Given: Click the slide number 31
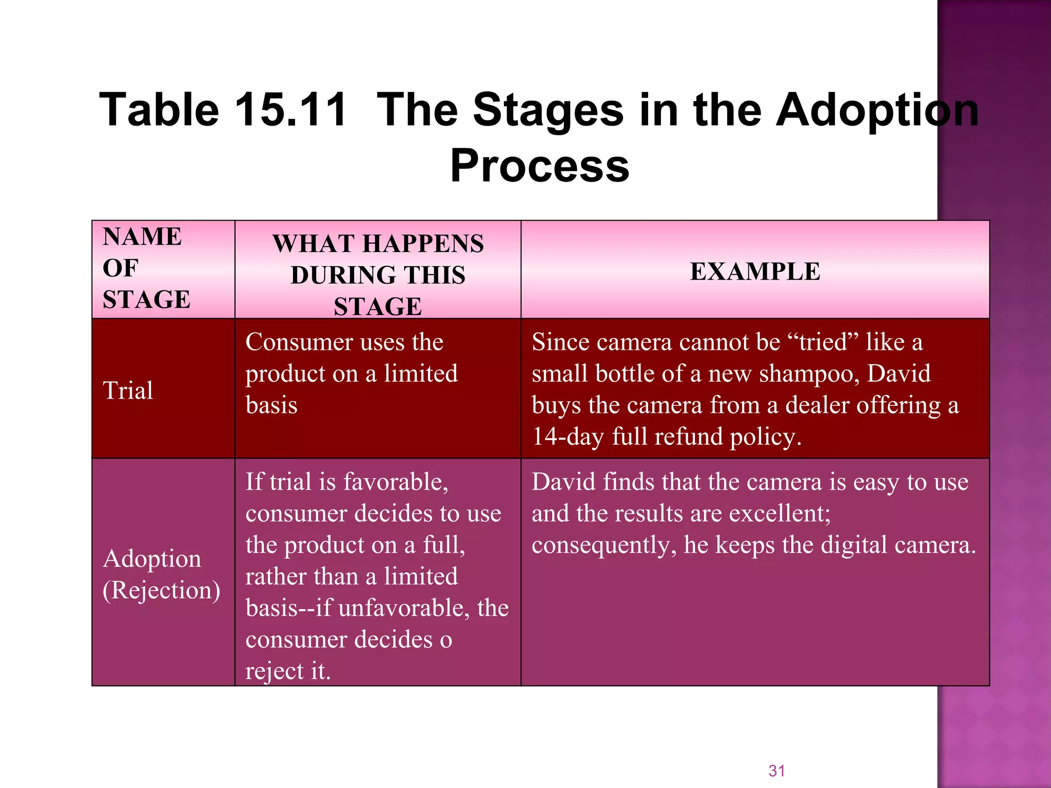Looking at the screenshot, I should (x=776, y=771).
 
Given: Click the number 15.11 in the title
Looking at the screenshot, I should (x=290, y=110).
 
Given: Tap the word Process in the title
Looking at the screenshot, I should (x=539, y=166).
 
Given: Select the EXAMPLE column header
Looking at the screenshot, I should (x=755, y=271).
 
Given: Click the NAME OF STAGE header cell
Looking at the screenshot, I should (x=147, y=268).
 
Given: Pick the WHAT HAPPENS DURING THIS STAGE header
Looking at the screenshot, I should (x=378, y=274).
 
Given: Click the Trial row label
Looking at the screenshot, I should (x=128, y=390).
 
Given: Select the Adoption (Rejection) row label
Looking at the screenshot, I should (x=161, y=574).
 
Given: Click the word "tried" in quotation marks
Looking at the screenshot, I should (x=823, y=342).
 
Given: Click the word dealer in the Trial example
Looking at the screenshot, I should (x=817, y=405).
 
